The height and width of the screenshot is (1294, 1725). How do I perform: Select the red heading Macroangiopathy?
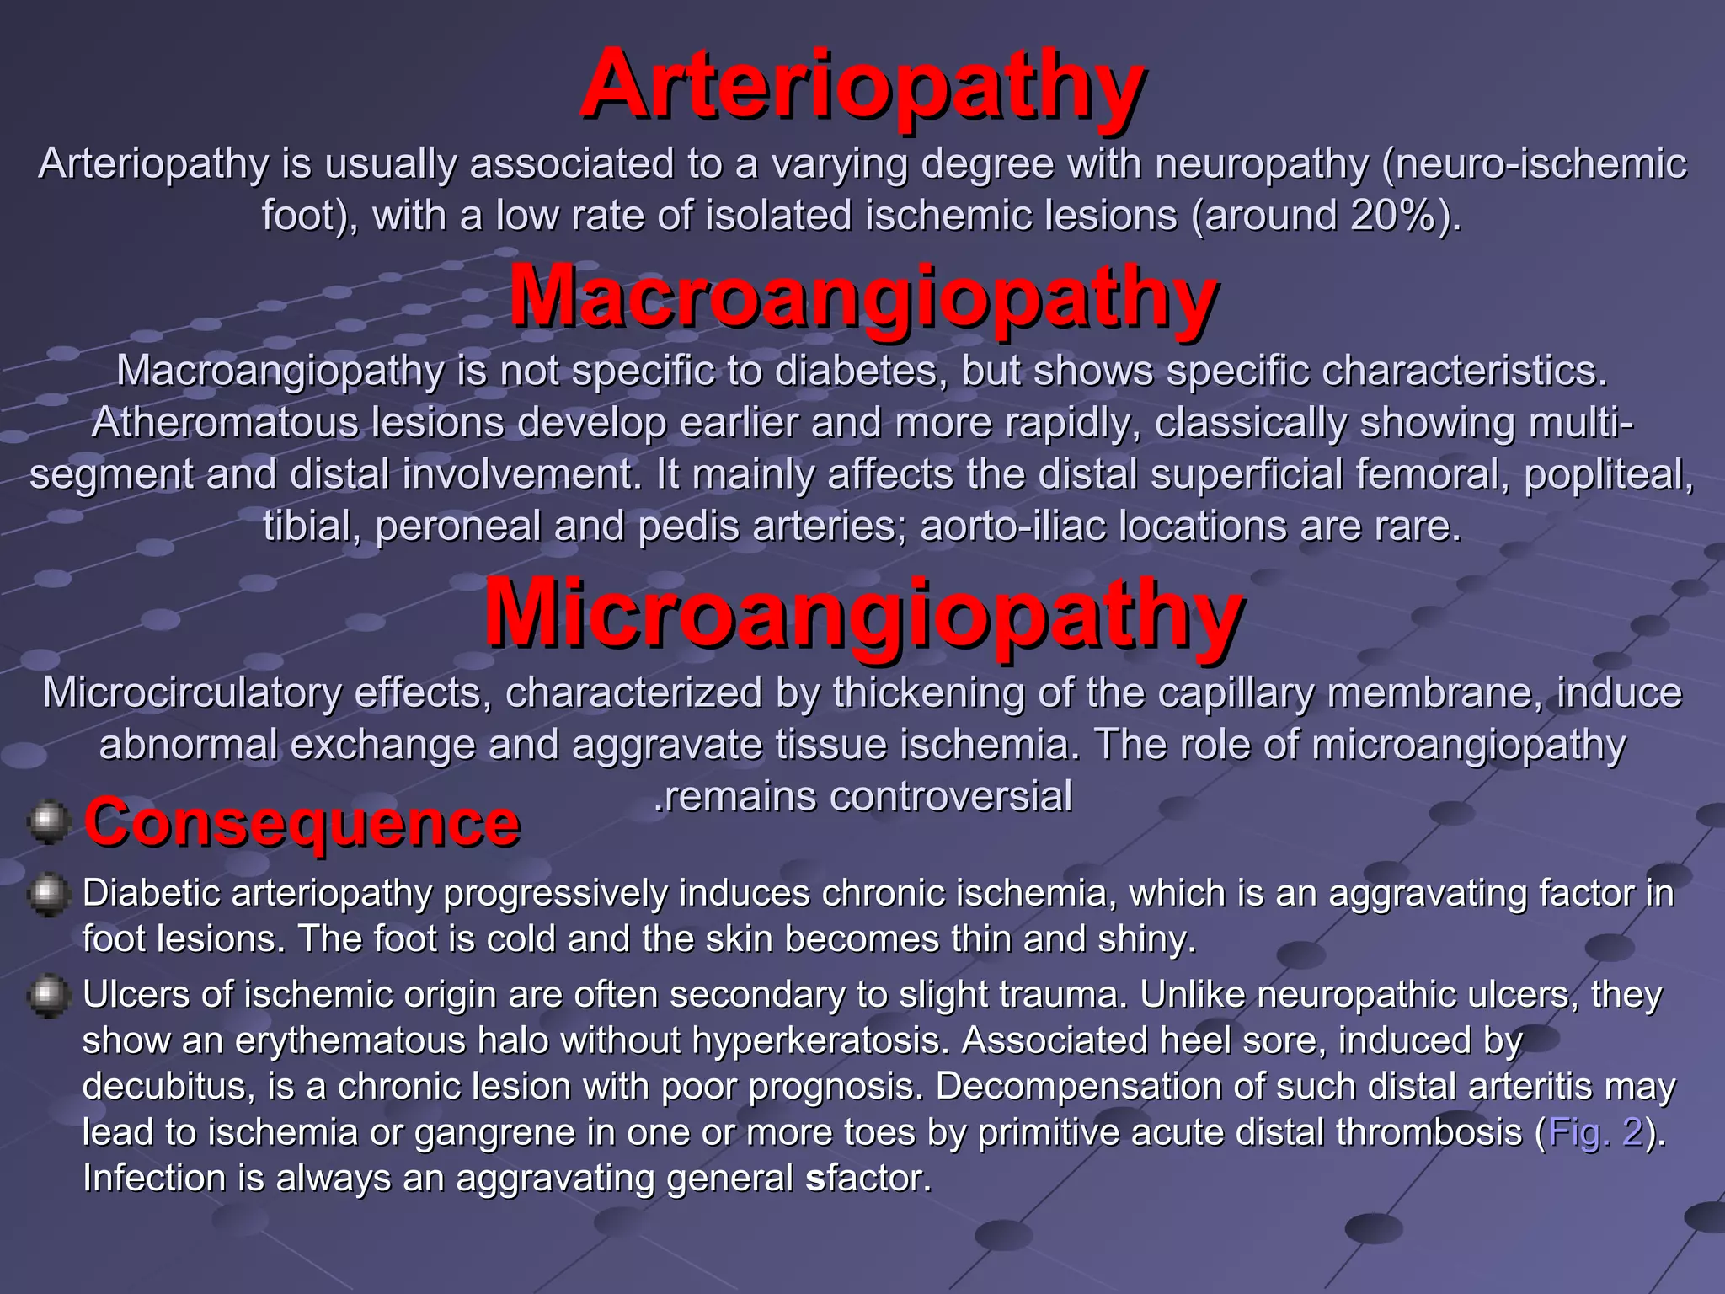862,297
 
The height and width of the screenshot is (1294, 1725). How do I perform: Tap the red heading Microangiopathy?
862,612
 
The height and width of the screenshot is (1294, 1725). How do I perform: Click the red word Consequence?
302,822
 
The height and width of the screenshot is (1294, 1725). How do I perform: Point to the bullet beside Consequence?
49,821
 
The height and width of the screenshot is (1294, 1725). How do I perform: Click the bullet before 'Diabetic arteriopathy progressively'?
49,894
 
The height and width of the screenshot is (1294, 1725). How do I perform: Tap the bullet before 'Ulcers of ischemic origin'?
49,996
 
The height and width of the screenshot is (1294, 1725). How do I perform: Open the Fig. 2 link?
1595,1132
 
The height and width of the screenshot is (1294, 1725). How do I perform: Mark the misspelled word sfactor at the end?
868,1178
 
